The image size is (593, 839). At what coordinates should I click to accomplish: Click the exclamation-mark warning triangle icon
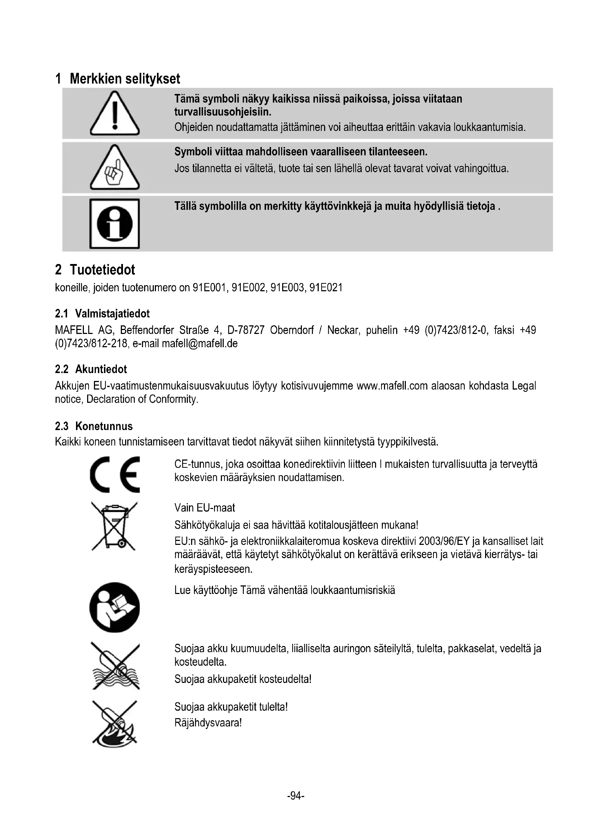click(115, 114)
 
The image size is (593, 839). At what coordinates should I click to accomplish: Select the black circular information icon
click(115, 223)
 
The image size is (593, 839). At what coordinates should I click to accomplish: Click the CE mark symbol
click(115, 474)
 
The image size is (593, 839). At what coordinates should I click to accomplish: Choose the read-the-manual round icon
click(115, 607)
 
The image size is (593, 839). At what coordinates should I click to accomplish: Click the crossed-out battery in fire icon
click(115, 722)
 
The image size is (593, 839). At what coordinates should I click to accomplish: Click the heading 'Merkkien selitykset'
click(125, 79)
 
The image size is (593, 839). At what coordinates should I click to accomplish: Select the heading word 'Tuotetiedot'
click(102, 270)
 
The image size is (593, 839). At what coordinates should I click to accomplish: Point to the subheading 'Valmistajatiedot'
click(112, 314)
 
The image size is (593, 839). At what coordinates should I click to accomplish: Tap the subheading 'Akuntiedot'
click(101, 369)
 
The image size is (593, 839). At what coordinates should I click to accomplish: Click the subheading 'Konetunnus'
click(104, 426)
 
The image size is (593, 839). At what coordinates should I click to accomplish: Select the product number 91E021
click(326, 288)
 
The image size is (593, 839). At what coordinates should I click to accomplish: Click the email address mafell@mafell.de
click(199, 344)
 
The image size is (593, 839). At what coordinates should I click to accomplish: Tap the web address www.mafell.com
click(392, 386)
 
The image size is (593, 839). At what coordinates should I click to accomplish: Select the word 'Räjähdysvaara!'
click(208, 723)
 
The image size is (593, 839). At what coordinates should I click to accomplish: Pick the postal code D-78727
click(246, 330)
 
